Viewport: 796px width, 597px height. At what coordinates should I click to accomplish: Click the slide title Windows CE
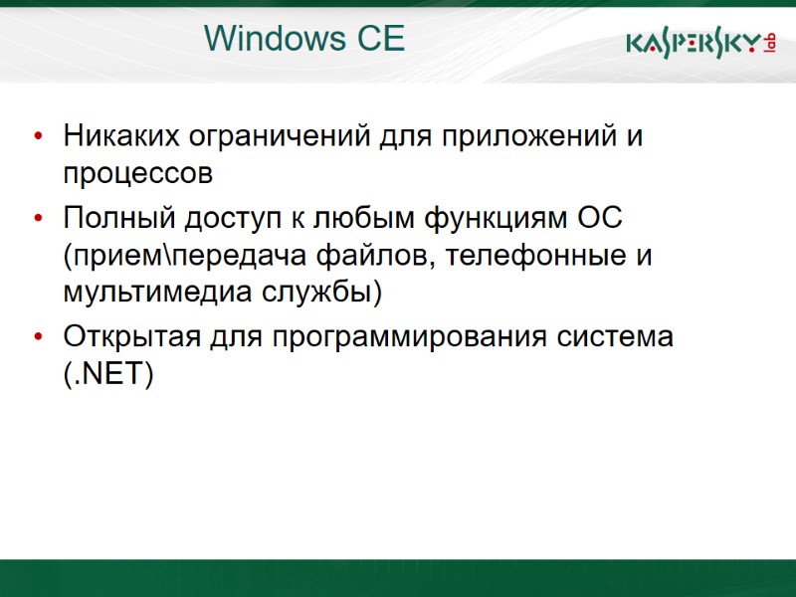point(304,39)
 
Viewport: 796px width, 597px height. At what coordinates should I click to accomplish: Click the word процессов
point(138,174)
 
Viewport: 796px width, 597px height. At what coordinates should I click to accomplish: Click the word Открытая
point(132,336)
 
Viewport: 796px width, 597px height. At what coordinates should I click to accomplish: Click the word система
point(612,336)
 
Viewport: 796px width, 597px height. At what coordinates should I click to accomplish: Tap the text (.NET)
point(108,375)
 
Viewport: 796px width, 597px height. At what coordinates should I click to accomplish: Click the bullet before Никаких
point(38,136)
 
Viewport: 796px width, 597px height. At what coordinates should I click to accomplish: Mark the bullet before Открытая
point(38,337)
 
